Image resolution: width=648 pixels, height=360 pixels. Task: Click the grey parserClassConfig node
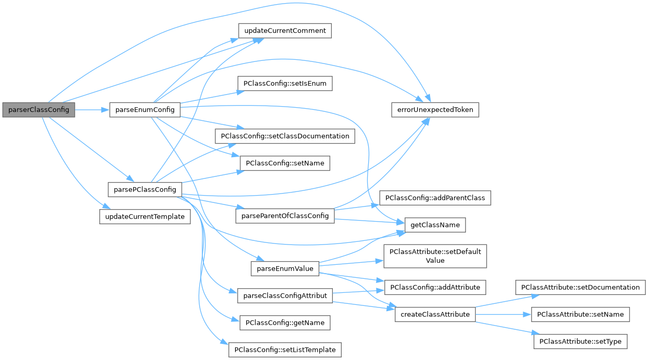click(38, 110)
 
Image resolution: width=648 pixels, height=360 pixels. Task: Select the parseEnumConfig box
click(145, 110)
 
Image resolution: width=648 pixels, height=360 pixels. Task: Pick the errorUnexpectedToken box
click(435, 110)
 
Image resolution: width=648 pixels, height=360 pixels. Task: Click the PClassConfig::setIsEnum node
click(284, 83)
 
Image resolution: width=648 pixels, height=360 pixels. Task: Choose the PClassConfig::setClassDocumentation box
click(285, 136)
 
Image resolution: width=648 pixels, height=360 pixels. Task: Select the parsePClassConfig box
click(145, 189)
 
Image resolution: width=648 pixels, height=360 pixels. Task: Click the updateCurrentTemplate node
click(145, 216)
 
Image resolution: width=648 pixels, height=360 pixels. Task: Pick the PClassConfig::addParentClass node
click(435, 198)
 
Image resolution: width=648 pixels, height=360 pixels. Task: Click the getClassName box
click(435, 225)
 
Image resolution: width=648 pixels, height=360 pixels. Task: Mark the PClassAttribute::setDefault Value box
click(435, 255)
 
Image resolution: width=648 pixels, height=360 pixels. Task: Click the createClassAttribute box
click(435, 314)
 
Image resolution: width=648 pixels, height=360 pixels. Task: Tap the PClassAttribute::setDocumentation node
click(580, 287)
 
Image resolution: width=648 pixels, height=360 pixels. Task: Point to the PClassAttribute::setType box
click(580, 341)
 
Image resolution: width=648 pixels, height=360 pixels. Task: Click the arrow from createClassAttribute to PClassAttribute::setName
click(502, 314)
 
